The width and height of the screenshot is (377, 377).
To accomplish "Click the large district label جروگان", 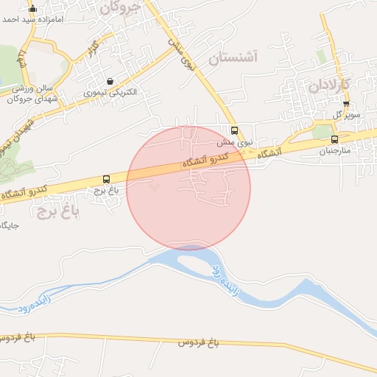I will [119, 8].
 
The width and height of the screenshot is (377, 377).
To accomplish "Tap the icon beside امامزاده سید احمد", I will [32, 9].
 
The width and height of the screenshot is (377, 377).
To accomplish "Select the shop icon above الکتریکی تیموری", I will [110, 82].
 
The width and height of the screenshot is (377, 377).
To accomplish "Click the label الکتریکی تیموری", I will [110, 93].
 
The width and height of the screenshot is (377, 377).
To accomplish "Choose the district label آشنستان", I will [236, 58].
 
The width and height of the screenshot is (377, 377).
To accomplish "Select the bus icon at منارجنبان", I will [335, 139].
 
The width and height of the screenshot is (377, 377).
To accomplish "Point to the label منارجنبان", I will [336, 150].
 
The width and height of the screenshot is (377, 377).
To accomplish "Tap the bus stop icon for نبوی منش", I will [235, 131].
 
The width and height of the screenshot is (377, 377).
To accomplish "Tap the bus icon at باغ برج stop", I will [107, 179].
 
